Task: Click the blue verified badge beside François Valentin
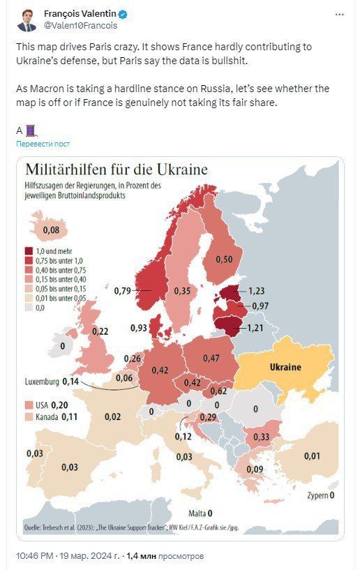tap(123, 15)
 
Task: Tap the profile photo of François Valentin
tap(27, 20)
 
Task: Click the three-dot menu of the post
tap(339, 15)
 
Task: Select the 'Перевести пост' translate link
tap(43, 144)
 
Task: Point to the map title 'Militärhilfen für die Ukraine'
tap(117, 170)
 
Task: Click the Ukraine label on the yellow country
tap(285, 367)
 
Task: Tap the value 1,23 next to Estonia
tap(256, 291)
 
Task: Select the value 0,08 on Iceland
tap(51, 230)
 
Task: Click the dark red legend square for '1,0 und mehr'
tap(29, 251)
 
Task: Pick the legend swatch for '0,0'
tap(29, 308)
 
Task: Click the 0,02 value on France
tap(113, 417)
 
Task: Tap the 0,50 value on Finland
tap(224, 260)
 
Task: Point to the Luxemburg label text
tap(42, 382)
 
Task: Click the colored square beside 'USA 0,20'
tap(29, 405)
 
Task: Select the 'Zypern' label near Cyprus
tap(317, 495)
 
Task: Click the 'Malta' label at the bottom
tap(197, 513)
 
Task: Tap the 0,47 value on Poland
tap(211, 358)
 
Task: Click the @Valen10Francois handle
tap(81, 25)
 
